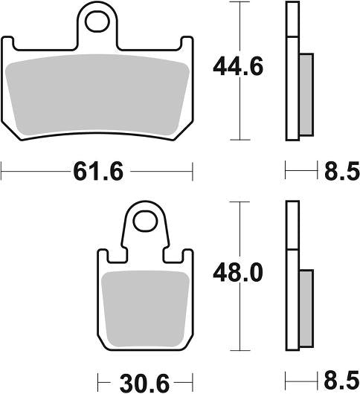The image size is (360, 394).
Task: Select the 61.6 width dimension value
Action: (x=97, y=172)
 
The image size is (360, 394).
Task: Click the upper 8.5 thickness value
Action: (x=341, y=172)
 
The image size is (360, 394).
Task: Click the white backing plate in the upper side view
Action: (x=292, y=71)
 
